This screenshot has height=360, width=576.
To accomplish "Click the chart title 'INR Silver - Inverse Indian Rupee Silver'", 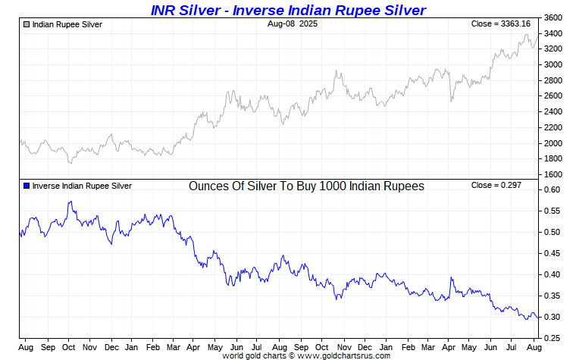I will point(287,9).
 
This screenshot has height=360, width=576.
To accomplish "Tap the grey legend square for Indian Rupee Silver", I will point(27,24).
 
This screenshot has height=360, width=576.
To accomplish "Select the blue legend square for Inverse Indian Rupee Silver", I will point(27,186).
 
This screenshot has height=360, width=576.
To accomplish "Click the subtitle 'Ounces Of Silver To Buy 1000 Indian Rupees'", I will point(306,186).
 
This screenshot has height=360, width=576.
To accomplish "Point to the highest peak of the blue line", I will point(70,202).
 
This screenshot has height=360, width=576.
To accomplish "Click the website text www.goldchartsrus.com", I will point(346,355).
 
